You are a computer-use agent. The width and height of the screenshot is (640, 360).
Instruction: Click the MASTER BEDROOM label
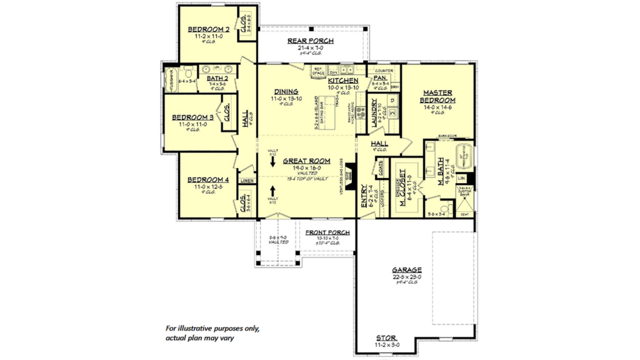pyautogui.click(x=437, y=96)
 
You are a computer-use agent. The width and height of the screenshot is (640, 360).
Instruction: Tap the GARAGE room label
pyautogui.click(x=407, y=270)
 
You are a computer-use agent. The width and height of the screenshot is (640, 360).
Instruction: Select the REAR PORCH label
pyautogui.click(x=310, y=41)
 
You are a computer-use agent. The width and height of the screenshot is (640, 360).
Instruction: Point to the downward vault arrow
pyautogui.click(x=272, y=161)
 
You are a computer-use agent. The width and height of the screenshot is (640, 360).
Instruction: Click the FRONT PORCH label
pyautogui.click(x=327, y=233)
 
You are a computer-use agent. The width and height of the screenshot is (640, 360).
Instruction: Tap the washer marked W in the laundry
pyautogui.click(x=392, y=113)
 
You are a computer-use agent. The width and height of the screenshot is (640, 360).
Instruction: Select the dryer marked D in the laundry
pyautogui.click(x=392, y=100)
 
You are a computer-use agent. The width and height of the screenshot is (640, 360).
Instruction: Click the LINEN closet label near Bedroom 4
pyautogui.click(x=247, y=181)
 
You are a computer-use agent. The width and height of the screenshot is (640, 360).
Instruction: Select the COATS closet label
pyautogui.click(x=380, y=167)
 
